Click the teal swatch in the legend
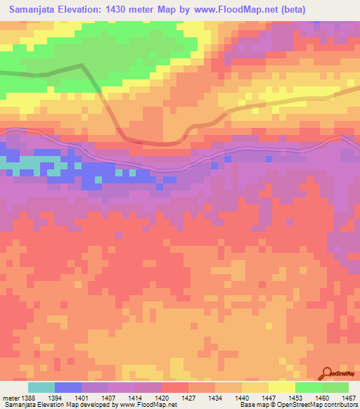coord(41,388)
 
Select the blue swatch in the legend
coord(68,388)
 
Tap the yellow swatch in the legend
coord(282,388)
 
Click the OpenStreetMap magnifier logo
coord(328,373)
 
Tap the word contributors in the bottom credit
coord(339,405)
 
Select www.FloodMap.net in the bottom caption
coord(145,405)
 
